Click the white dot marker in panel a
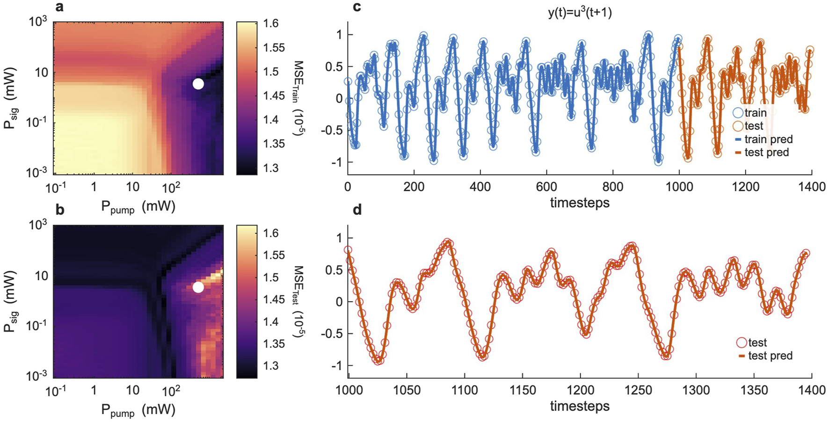(198, 84)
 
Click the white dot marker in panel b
(198, 287)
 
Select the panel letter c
(357, 7)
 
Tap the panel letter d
(357, 210)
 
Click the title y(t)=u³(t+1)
(580, 13)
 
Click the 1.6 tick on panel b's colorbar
(270, 233)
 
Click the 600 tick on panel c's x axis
(546, 187)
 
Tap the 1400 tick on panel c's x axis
(812, 187)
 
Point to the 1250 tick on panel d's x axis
(638, 391)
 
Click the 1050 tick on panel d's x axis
(407, 391)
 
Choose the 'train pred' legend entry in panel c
(764, 139)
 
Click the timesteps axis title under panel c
(580, 203)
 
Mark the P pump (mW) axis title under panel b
(138, 410)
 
